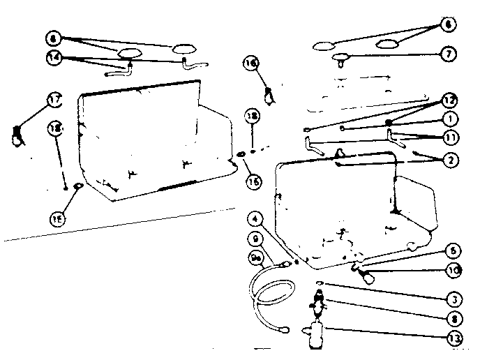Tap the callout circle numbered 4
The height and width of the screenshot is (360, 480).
click(x=259, y=218)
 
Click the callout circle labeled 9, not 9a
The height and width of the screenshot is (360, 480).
click(x=255, y=239)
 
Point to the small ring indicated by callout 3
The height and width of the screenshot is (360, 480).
click(x=319, y=283)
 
